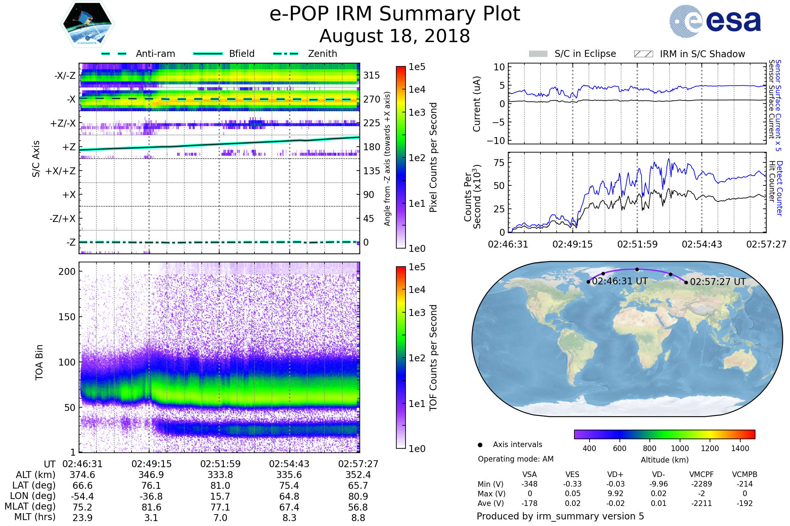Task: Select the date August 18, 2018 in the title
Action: pos(395,36)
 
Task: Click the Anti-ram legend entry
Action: pos(155,54)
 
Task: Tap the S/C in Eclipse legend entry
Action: pos(585,54)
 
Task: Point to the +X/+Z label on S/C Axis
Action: pos(61,171)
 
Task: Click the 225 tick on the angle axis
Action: pos(372,123)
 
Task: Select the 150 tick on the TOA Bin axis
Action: pos(67,317)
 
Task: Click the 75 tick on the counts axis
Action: pos(499,163)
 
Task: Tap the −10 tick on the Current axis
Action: pos(496,141)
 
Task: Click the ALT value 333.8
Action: pos(220,475)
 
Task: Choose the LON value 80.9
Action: pos(358,496)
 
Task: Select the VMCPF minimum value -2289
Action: pos(701,484)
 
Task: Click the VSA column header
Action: pos(529,475)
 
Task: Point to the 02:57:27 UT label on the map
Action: pos(718,282)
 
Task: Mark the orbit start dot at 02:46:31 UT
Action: pos(588,282)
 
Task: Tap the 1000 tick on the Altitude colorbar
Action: pos(680,448)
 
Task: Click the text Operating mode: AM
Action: pos(515,459)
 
